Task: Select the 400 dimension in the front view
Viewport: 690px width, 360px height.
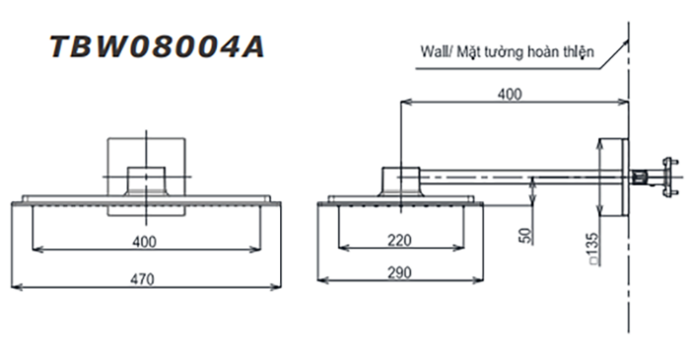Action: [x=144, y=242]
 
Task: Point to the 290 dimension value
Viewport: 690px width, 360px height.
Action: [x=399, y=269]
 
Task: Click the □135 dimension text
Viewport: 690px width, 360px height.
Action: [x=589, y=248]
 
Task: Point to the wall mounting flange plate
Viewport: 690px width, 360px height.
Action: [x=611, y=178]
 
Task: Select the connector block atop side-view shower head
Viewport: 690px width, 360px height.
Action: [x=400, y=180]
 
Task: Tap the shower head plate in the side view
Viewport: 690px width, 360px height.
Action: [x=400, y=201]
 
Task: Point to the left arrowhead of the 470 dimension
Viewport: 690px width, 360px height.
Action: [x=17, y=288]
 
